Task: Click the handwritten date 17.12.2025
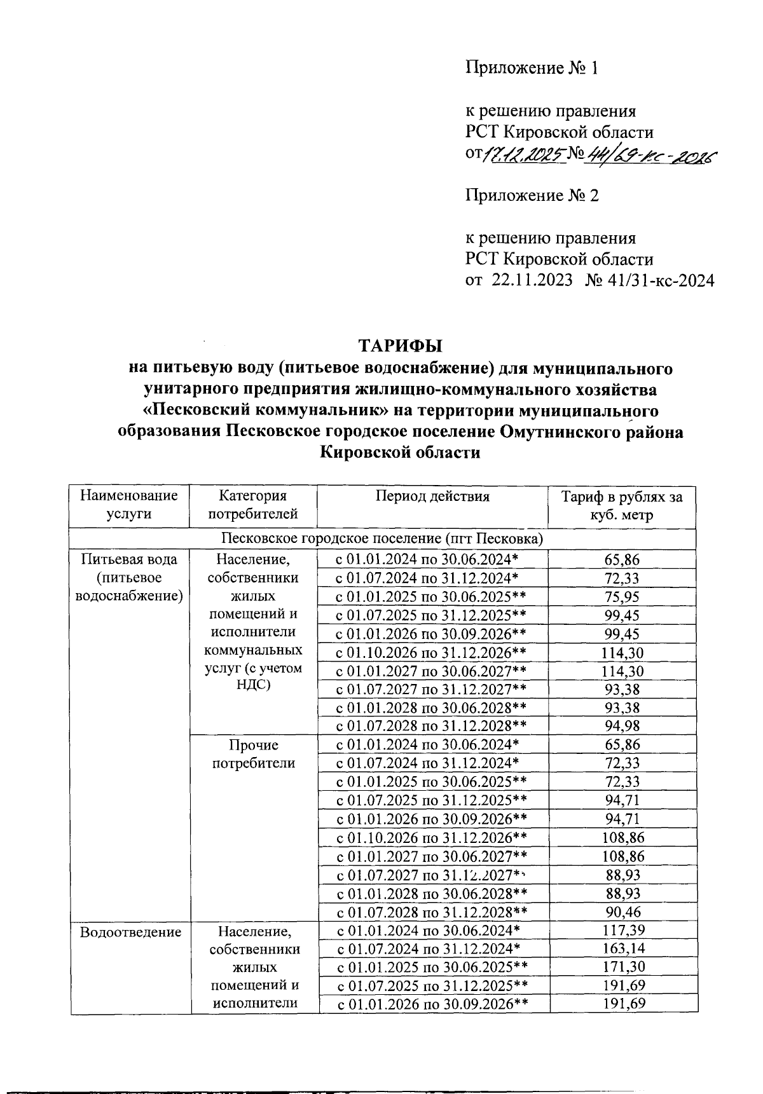(x=525, y=154)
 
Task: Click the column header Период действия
(x=432, y=496)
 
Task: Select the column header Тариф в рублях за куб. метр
(x=621, y=505)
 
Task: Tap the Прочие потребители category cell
(x=253, y=754)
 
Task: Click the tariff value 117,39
(x=622, y=931)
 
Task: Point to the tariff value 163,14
(x=622, y=949)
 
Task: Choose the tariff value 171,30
(x=622, y=968)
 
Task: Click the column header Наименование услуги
(x=129, y=505)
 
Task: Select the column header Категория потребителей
(x=252, y=505)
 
